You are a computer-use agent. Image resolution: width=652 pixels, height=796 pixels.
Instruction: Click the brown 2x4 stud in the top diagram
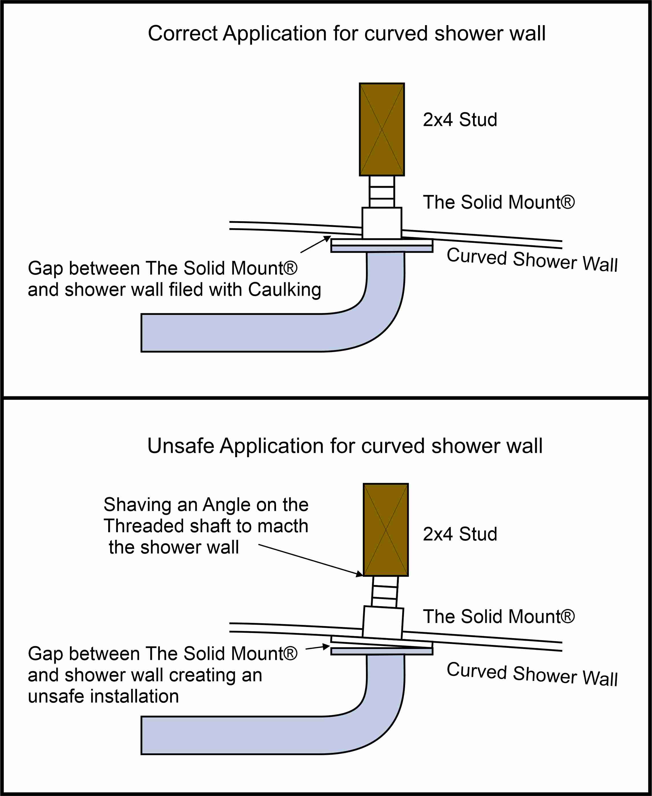coord(382,129)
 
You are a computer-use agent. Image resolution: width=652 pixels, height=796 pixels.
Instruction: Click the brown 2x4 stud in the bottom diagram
coord(386,530)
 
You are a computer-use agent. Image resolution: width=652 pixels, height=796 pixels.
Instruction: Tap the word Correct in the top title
coord(182,33)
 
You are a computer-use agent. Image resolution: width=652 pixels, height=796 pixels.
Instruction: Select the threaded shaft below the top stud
coord(382,192)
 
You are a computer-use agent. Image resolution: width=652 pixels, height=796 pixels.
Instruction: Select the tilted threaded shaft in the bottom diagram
coord(385,592)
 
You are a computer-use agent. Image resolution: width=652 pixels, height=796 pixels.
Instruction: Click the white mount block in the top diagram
coord(382,223)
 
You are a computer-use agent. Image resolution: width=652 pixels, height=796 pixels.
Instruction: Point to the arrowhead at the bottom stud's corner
coord(359,574)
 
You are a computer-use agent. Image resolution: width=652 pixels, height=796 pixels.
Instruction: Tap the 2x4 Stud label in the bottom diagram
coord(460,534)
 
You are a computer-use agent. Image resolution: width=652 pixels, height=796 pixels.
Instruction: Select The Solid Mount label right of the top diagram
coord(499,202)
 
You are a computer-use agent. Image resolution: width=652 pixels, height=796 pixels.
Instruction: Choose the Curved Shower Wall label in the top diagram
coord(532,260)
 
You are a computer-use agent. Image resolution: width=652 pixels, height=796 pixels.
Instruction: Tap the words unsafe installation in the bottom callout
coord(103,696)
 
